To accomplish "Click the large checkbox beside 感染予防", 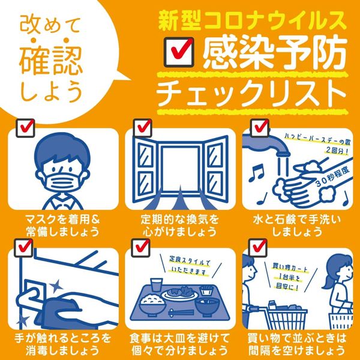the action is coord(179,52).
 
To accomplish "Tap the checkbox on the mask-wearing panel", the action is coord(25,128).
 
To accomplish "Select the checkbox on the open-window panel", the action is coord(143,128).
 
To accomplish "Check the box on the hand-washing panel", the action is coord(259,128).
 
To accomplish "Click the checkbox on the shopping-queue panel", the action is coord(257,248).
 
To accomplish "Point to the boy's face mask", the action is coord(65,180).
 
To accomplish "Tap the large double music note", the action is coord(257,172).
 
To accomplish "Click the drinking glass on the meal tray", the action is coord(156,285).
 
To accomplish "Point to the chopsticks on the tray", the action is coord(181,313).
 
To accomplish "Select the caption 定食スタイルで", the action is coord(190,261).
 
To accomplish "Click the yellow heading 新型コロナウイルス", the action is coord(252,22).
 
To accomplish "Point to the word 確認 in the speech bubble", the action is coord(50,61).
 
